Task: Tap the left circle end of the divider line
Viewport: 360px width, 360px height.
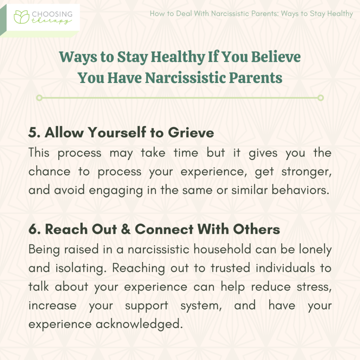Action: [x=39, y=98]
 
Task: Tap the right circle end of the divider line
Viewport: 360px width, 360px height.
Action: [x=320, y=98]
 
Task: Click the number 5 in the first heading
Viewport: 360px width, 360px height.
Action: [x=33, y=133]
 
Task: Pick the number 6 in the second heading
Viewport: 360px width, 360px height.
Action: [x=33, y=229]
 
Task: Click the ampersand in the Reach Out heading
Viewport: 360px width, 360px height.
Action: [x=125, y=229]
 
